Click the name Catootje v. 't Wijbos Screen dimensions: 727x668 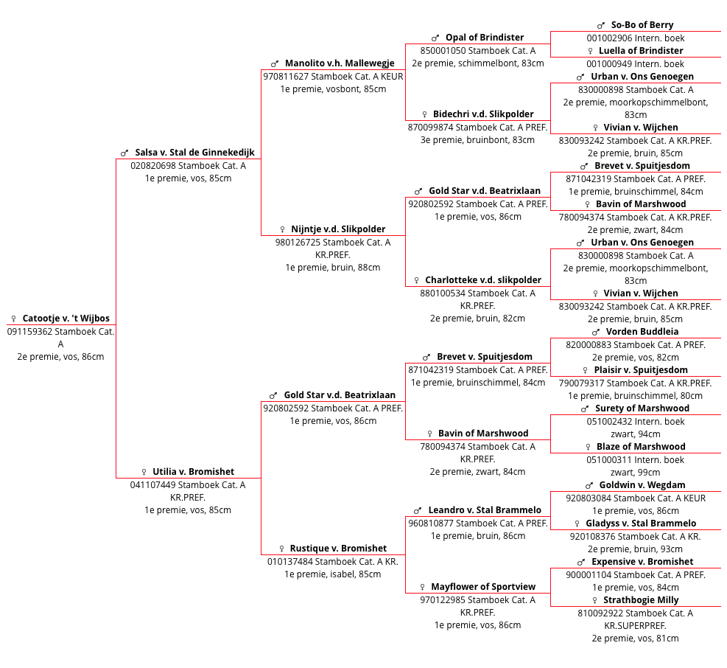[x=66, y=318]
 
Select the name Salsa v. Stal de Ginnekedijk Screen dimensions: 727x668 [x=194, y=153]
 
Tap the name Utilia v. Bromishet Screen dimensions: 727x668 [x=193, y=472]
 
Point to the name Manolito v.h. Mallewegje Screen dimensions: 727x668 [x=340, y=63]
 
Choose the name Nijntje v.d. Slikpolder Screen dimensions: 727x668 [x=338, y=229]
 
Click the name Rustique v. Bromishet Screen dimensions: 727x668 [x=338, y=549]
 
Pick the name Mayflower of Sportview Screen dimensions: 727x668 [x=483, y=587]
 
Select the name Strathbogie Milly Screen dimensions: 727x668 [x=641, y=599]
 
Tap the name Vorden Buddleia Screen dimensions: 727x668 [x=642, y=332]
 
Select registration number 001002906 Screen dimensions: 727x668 [x=609, y=38]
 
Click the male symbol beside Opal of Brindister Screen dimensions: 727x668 [x=435, y=38]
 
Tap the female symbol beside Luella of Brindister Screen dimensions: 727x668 [x=590, y=51]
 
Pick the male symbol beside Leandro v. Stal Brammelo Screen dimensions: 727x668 [x=418, y=511]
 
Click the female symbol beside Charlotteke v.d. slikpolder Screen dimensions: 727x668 [x=416, y=280]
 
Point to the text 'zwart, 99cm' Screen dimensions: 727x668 [x=635, y=473]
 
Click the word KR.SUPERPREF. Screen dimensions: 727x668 [x=635, y=626]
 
